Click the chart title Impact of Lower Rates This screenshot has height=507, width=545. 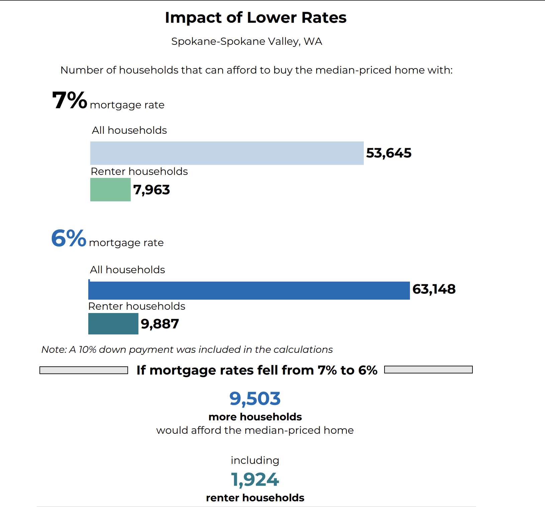[255, 18]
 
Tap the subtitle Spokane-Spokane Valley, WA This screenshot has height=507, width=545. [246, 41]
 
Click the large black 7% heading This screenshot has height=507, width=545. [69, 100]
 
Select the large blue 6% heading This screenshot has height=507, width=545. [69, 238]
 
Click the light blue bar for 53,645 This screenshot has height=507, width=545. [227, 153]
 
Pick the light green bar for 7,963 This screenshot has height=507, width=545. [110, 190]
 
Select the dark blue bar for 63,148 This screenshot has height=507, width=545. [249, 290]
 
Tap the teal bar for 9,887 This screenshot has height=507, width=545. [113, 324]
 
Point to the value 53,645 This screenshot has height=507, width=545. [389, 153]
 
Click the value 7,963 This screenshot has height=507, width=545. [151, 190]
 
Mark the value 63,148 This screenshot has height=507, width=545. [434, 289]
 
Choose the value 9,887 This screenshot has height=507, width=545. [160, 324]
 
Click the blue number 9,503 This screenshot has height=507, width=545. [255, 399]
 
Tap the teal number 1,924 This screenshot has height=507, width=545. [255, 480]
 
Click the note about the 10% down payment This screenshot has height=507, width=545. [187, 349]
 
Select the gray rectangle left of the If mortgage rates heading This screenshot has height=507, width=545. [84, 370]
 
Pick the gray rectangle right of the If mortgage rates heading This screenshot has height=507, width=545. [428, 370]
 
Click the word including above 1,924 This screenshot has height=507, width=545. [255, 461]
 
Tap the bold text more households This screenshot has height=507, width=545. [255, 417]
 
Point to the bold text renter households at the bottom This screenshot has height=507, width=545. [255, 498]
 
